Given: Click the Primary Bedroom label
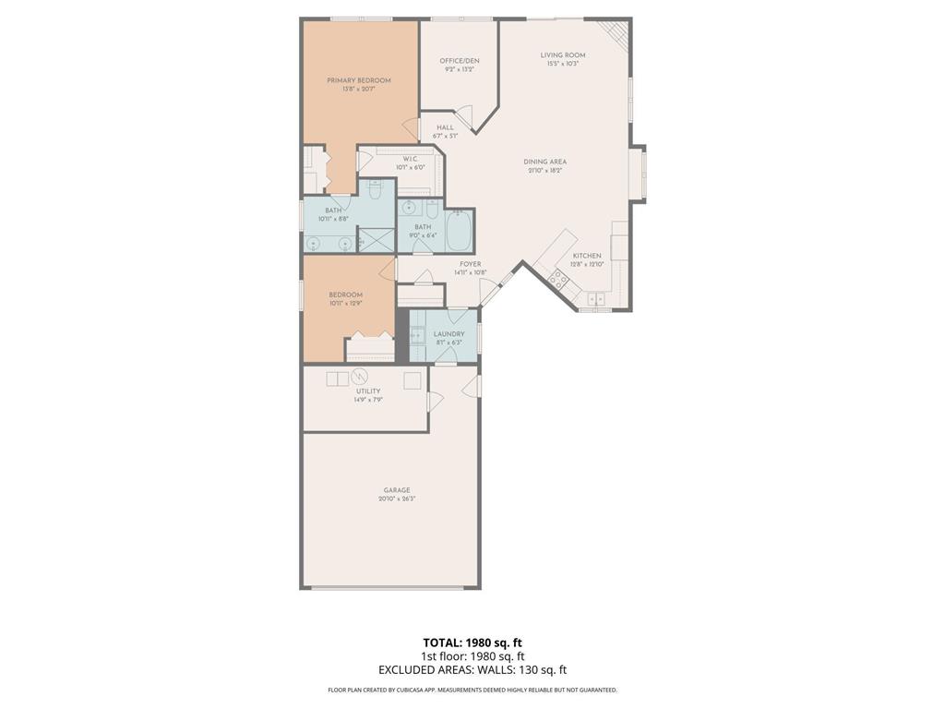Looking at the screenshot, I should point(359,80).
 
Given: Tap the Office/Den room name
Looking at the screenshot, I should point(459,61).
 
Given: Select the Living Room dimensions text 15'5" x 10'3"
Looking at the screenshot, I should point(563,64).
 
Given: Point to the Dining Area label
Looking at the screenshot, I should point(544,162).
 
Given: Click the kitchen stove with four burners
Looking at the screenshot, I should point(559,278).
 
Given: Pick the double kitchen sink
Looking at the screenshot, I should point(595,298).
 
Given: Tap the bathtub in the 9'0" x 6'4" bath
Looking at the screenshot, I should point(459,231).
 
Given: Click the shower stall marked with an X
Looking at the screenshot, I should point(376,240).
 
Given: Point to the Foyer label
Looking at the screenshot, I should point(471,264).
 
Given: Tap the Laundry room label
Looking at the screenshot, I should point(449,334).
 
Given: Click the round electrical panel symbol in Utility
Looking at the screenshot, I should point(360,377).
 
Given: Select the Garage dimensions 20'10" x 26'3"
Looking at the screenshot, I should point(397,499).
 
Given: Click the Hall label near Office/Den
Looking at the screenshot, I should point(446,127).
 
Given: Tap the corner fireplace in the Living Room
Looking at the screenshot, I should point(616,33).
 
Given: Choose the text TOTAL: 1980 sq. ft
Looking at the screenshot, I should point(472,643).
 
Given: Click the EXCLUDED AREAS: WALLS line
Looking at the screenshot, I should point(472,670).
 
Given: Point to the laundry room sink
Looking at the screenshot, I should point(417,336).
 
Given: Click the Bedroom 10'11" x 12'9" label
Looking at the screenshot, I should point(346,294).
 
